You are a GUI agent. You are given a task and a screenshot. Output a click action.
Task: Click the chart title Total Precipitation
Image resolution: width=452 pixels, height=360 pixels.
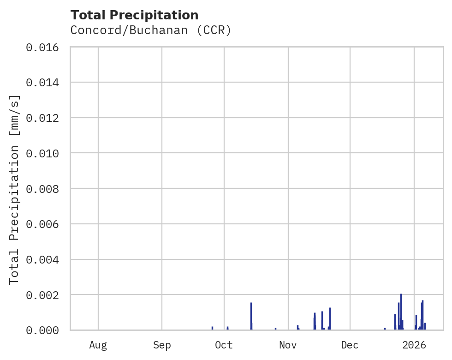134,15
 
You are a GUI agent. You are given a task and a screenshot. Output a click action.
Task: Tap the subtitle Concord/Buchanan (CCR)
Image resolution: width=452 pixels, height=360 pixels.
150,30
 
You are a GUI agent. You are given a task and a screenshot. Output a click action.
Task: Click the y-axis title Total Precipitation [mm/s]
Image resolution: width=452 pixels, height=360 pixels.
14,189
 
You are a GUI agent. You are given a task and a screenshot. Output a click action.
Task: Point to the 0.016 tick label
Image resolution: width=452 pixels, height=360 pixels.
42,47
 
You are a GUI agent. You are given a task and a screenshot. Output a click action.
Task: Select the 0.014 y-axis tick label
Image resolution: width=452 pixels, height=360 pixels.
42,83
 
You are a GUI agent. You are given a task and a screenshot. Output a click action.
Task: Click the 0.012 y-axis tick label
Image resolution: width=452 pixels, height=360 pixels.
42,118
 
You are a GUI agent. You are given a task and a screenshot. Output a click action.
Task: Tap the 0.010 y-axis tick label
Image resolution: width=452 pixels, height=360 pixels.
42,153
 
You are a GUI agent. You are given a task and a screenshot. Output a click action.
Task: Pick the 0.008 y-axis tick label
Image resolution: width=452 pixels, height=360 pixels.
42,189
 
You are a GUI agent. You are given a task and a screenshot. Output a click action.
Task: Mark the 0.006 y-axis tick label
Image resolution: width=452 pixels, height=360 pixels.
42,224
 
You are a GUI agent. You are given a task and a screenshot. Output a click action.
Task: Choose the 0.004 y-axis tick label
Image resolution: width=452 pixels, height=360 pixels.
42,259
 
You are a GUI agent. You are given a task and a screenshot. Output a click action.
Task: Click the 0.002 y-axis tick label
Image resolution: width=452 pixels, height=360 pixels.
42,295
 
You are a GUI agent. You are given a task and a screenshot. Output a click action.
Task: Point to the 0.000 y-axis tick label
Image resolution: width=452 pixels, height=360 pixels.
42,330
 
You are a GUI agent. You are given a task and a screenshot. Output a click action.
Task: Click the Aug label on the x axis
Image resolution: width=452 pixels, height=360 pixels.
98,345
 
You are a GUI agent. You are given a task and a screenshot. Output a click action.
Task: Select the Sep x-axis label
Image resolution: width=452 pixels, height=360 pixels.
162,345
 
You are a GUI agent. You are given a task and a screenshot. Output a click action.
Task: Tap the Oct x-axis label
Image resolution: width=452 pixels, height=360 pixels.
224,345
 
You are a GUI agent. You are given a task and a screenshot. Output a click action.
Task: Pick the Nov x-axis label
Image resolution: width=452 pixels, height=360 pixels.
288,345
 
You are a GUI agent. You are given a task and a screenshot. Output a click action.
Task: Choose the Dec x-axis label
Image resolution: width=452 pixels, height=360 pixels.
350,345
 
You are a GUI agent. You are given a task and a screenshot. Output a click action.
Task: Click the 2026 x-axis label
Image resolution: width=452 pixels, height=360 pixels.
414,345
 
